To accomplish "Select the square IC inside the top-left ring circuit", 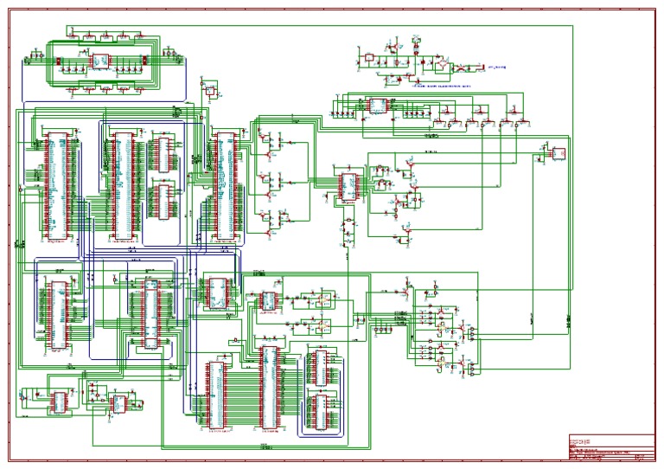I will pos(99,62).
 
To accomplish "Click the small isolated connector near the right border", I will pos(558,153).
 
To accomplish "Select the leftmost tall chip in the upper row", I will pos(55,185).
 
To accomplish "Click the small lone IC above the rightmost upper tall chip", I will pos(210,90).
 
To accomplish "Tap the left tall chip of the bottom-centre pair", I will pos(214,394).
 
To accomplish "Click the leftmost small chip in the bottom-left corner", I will pos(59,401).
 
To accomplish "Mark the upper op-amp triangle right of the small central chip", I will pos(322,300).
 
